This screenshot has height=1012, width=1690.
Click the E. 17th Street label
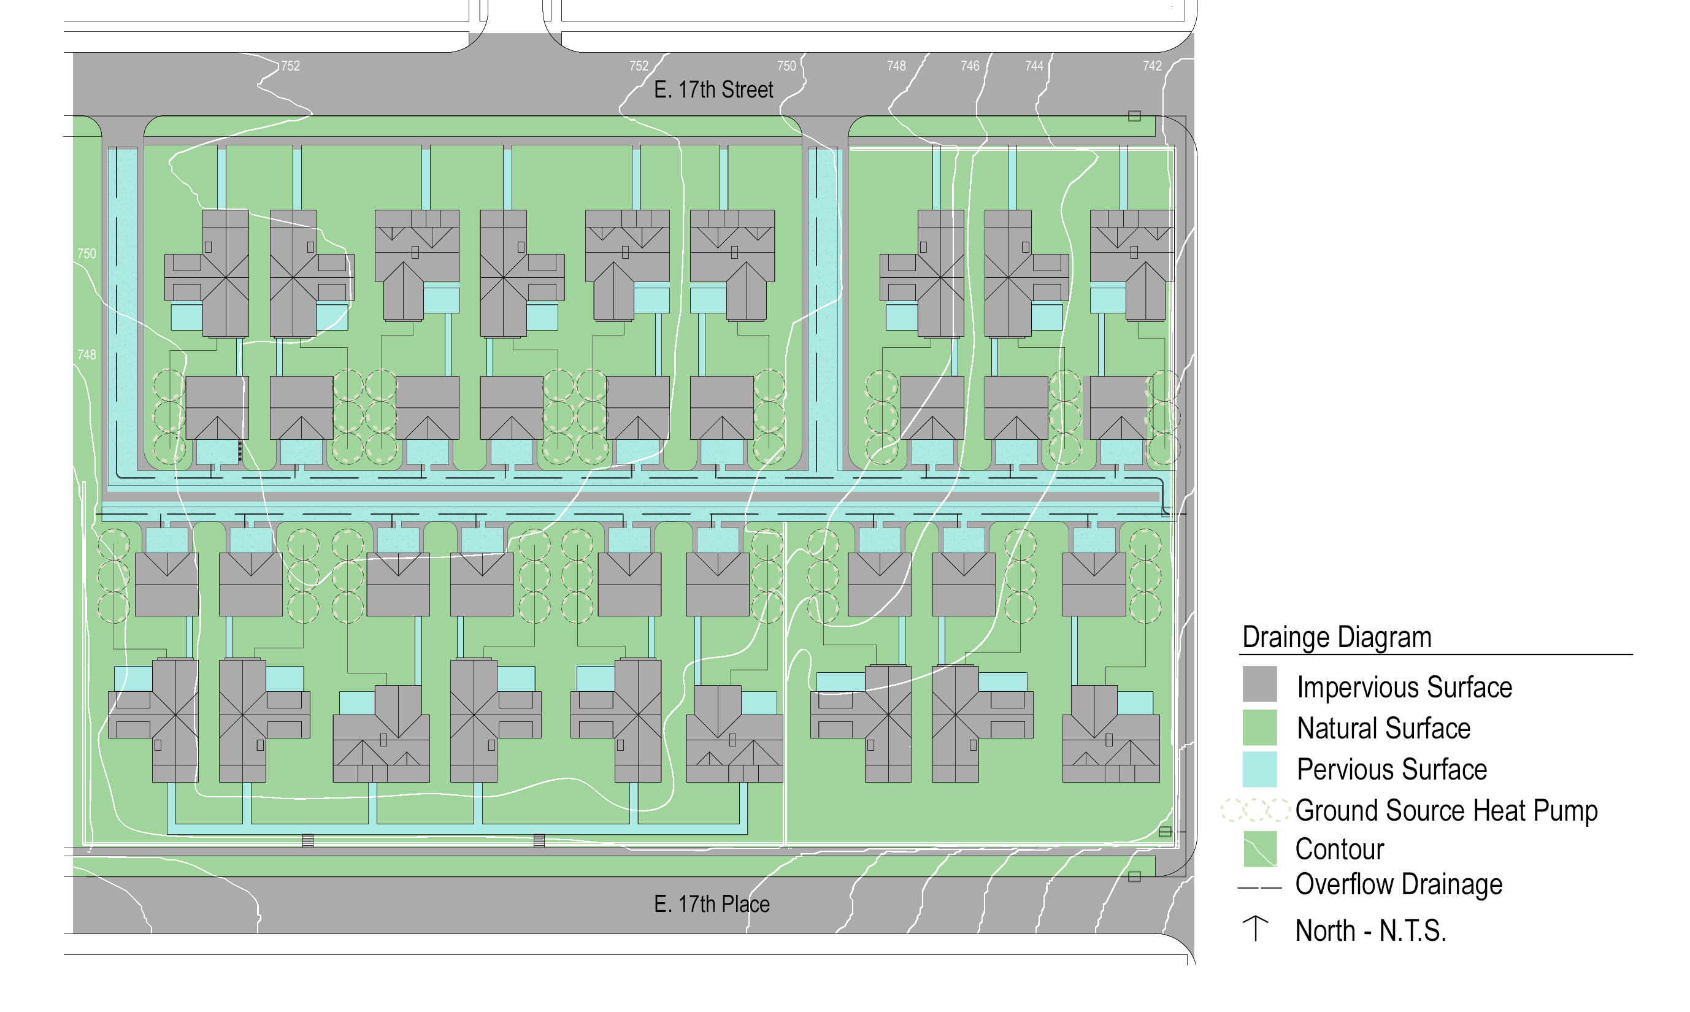click(713, 90)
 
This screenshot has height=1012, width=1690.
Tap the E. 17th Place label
click(712, 904)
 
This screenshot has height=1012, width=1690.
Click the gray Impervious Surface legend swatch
click(1259, 684)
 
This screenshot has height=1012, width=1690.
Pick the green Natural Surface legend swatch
click(1259, 727)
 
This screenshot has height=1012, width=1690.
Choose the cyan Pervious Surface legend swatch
click(1259, 769)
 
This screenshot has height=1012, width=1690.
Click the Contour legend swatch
click(1259, 849)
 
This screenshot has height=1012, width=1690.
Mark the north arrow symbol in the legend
click(1254, 929)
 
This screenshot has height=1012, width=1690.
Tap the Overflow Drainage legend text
click(1398, 884)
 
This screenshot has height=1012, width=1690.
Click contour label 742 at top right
click(1152, 66)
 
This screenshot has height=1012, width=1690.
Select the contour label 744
click(1034, 66)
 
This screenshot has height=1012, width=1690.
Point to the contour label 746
click(969, 66)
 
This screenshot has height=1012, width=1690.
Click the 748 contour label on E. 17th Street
click(896, 66)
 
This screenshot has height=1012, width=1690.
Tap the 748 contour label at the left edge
click(86, 355)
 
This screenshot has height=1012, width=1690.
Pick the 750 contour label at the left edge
click(86, 254)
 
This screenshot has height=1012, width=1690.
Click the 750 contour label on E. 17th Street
click(786, 66)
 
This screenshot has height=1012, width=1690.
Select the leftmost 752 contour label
click(291, 66)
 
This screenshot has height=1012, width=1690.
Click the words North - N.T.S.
click(1370, 931)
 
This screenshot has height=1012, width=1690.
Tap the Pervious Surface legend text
click(1391, 770)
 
